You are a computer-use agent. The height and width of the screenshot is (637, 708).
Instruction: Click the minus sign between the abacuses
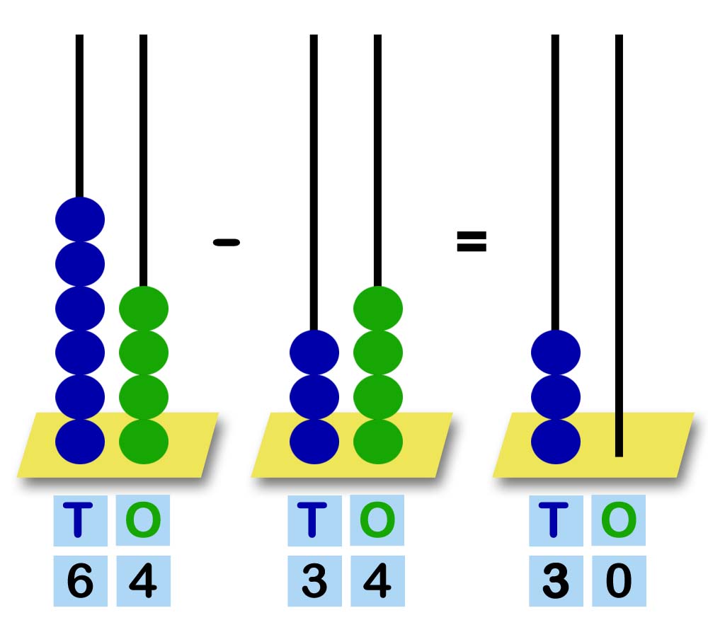[x=227, y=243]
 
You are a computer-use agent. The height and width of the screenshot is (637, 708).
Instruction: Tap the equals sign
[x=472, y=242]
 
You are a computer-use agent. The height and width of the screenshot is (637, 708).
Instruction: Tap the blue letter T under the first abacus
[x=79, y=520]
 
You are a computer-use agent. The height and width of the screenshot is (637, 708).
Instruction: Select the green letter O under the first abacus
[x=143, y=520]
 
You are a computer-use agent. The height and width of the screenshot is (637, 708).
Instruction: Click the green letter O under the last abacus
[x=619, y=520]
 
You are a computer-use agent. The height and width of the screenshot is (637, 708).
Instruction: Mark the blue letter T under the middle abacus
[x=314, y=520]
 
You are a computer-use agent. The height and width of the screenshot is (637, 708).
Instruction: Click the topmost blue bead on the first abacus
[x=80, y=219]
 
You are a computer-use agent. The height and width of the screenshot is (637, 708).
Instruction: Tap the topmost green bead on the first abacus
[x=144, y=308]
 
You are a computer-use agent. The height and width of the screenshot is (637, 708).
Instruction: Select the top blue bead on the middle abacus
[x=314, y=352]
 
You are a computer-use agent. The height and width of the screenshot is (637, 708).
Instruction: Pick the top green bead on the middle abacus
[x=378, y=308]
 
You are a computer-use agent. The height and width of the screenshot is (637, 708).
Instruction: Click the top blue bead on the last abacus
[x=556, y=352]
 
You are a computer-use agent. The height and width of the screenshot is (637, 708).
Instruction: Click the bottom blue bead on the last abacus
[x=556, y=441]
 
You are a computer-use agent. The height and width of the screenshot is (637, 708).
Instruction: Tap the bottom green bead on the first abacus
[x=144, y=441]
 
